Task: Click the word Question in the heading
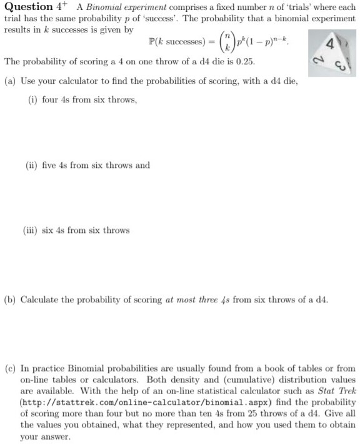pyautogui.click(x=28, y=7)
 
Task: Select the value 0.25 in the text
pyautogui.click(x=244, y=64)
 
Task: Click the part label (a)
pyautogui.click(x=10, y=82)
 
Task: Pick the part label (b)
pyautogui.click(x=10, y=300)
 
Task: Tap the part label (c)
pyautogui.click(x=10, y=368)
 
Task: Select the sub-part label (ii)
pyautogui.click(x=32, y=165)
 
